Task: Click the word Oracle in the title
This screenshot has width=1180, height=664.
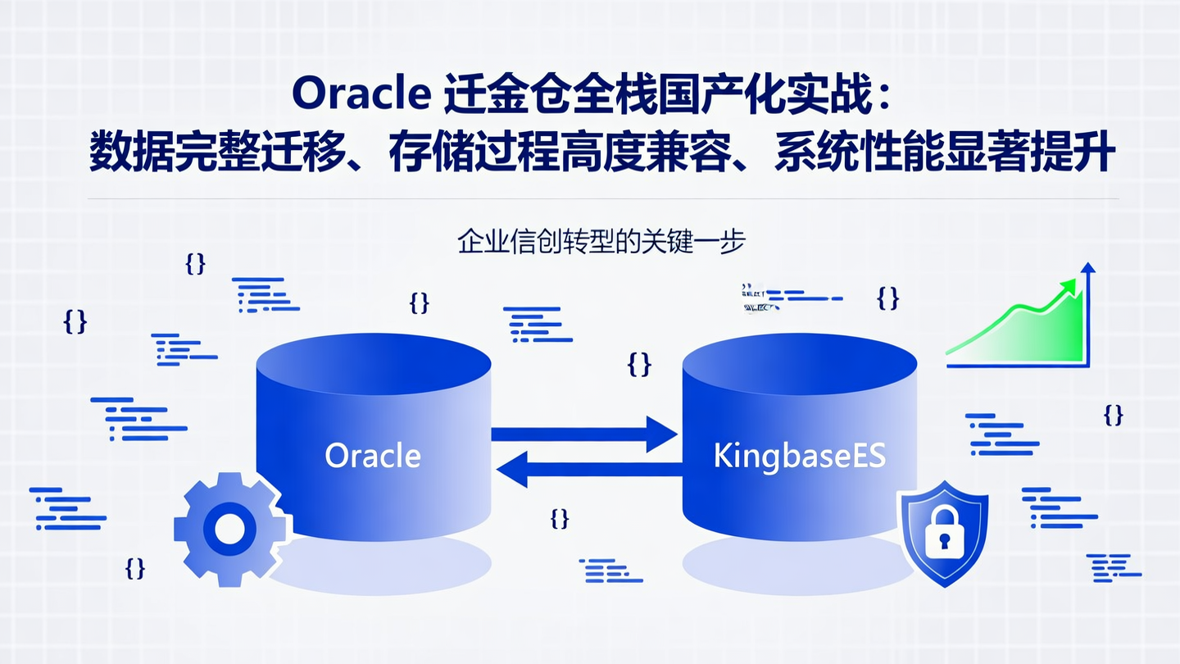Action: pos(361,95)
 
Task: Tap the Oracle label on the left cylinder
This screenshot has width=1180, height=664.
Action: pos(373,456)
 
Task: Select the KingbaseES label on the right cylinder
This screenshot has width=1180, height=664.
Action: pos(800,456)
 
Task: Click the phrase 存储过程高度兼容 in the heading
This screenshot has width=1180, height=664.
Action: pos(556,153)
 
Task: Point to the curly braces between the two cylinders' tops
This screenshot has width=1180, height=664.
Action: pos(639,363)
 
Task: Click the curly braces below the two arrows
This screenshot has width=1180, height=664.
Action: pos(560,518)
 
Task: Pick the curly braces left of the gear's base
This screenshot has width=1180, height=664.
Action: pos(135,567)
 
